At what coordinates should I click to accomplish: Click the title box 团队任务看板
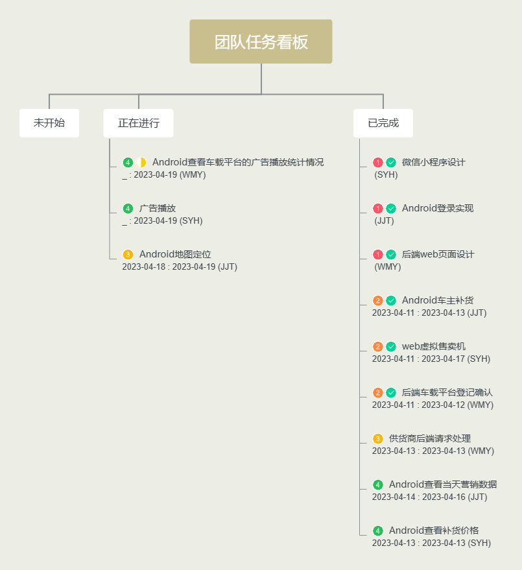[x=261, y=42]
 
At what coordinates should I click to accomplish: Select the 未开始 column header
[x=49, y=123]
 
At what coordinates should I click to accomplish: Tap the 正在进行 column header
[x=138, y=123]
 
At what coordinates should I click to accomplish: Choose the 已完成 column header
[x=383, y=123]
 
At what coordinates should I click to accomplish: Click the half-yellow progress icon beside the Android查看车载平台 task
[x=141, y=162]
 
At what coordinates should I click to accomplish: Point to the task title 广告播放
[x=158, y=208]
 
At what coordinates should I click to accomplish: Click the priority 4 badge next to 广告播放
[x=128, y=208]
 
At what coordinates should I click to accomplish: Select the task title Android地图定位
[x=175, y=254]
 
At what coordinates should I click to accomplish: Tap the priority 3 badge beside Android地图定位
[x=128, y=254]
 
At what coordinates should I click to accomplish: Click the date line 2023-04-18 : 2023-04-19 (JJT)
[x=180, y=267]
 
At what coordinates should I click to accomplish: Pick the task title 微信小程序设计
[x=434, y=162]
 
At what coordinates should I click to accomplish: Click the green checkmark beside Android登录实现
[x=391, y=208]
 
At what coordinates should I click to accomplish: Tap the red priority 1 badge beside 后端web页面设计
[x=378, y=254]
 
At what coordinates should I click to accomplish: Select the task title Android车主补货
[x=438, y=300]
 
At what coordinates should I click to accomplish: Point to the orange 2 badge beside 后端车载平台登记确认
[x=378, y=392]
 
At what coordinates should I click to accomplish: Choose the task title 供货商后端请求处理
[x=430, y=438]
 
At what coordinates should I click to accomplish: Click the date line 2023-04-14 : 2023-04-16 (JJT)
[x=429, y=497]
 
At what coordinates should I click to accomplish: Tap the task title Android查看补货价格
[x=434, y=530]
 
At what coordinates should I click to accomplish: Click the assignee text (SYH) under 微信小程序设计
[x=386, y=174]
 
